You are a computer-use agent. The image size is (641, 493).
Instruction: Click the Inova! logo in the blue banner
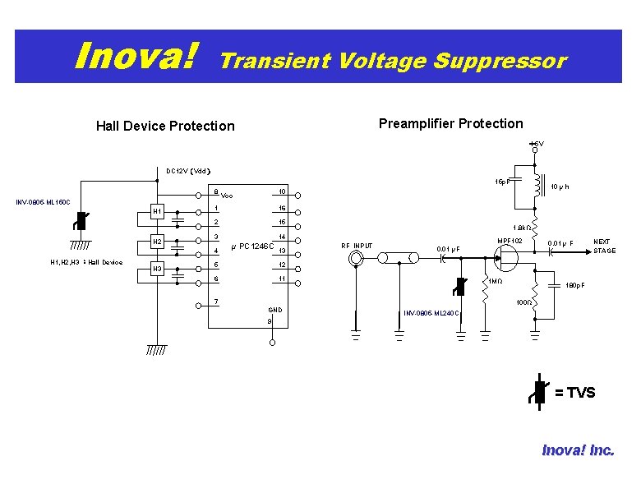coord(136,57)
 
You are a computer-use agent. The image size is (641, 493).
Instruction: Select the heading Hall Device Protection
coord(165,126)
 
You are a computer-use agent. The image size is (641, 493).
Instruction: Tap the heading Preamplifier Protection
coord(450,123)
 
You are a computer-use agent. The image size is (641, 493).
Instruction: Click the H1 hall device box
coord(157,212)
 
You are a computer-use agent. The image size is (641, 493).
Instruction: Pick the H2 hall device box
coord(157,242)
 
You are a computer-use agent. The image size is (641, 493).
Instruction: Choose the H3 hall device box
coord(157,270)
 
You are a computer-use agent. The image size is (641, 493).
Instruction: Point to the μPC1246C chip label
coord(253,246)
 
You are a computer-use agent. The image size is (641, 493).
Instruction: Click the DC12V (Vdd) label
coord(188,172)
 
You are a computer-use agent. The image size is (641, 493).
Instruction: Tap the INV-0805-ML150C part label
coord(44,202)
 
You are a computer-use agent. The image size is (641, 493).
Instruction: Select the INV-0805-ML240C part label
coord(431,313)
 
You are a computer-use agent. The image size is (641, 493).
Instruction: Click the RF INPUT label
coord(357,246)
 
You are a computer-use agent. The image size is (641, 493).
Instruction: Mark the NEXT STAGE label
coord(604,246)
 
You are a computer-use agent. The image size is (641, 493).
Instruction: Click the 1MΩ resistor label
coord(496,282)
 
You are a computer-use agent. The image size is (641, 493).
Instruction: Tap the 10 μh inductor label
coord(560,187)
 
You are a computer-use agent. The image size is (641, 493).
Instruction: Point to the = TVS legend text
coord(574,393)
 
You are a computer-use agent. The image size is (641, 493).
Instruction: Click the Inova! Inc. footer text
coord(578,449)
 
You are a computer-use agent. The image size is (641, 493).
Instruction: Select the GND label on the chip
coord(275,310)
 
